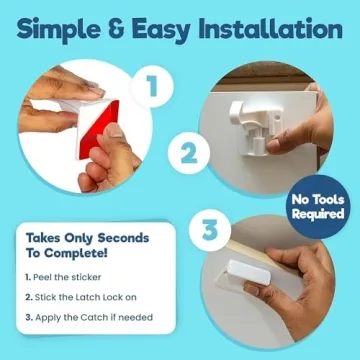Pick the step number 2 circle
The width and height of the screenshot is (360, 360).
[x=185, y=155]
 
